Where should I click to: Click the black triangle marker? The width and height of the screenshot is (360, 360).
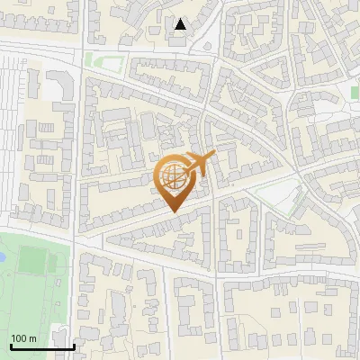point(181,24)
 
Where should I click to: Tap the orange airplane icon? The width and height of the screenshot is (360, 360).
point(199,164)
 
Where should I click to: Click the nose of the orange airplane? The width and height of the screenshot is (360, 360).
point(214,155)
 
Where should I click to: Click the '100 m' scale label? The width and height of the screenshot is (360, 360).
point(23,337)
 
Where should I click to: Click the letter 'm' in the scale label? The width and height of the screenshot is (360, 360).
point(32,337)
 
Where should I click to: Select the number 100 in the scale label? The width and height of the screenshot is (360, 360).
point(19,337)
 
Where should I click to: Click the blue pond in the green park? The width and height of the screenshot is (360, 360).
point(2,256)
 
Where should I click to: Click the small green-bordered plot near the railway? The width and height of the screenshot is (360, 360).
point(105,62)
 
